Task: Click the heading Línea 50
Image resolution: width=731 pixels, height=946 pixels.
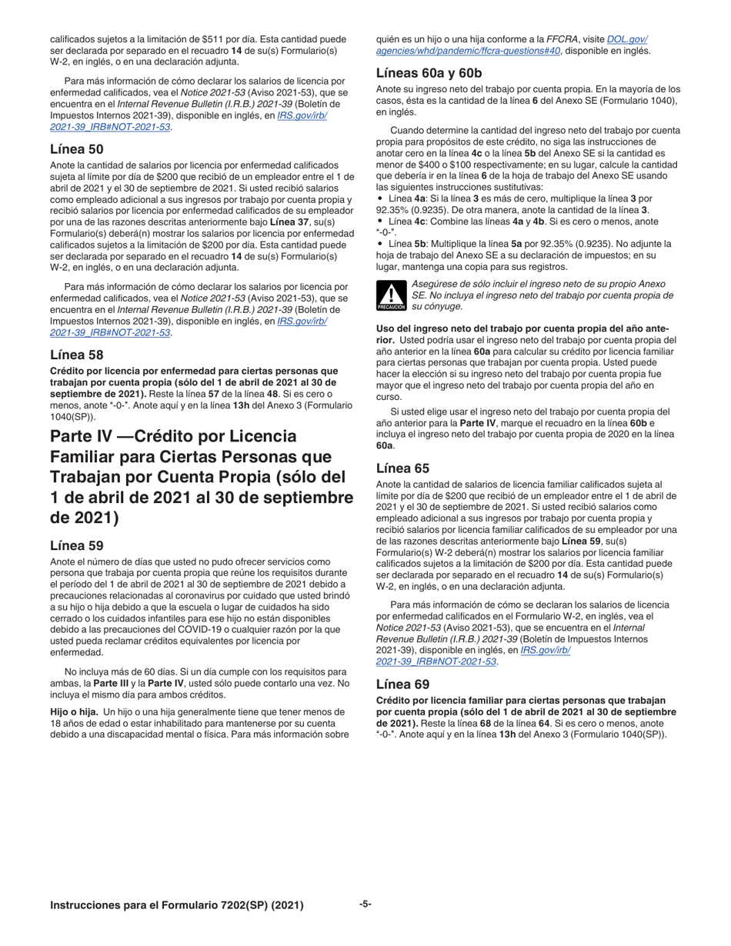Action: click(x=76, y=148)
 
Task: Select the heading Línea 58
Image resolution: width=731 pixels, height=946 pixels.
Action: click(x=76, y=355)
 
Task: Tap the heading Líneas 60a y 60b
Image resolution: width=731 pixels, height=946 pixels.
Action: click(x=429, y=73)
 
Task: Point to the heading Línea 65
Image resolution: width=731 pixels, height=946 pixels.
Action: click(x=402, y=468)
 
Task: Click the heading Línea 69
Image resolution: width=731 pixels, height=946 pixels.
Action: click(x=402, y=684)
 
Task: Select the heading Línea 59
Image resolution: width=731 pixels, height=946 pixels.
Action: click(x=76, y=545)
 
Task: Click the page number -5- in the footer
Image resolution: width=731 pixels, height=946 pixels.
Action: click(x=365, y=904)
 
